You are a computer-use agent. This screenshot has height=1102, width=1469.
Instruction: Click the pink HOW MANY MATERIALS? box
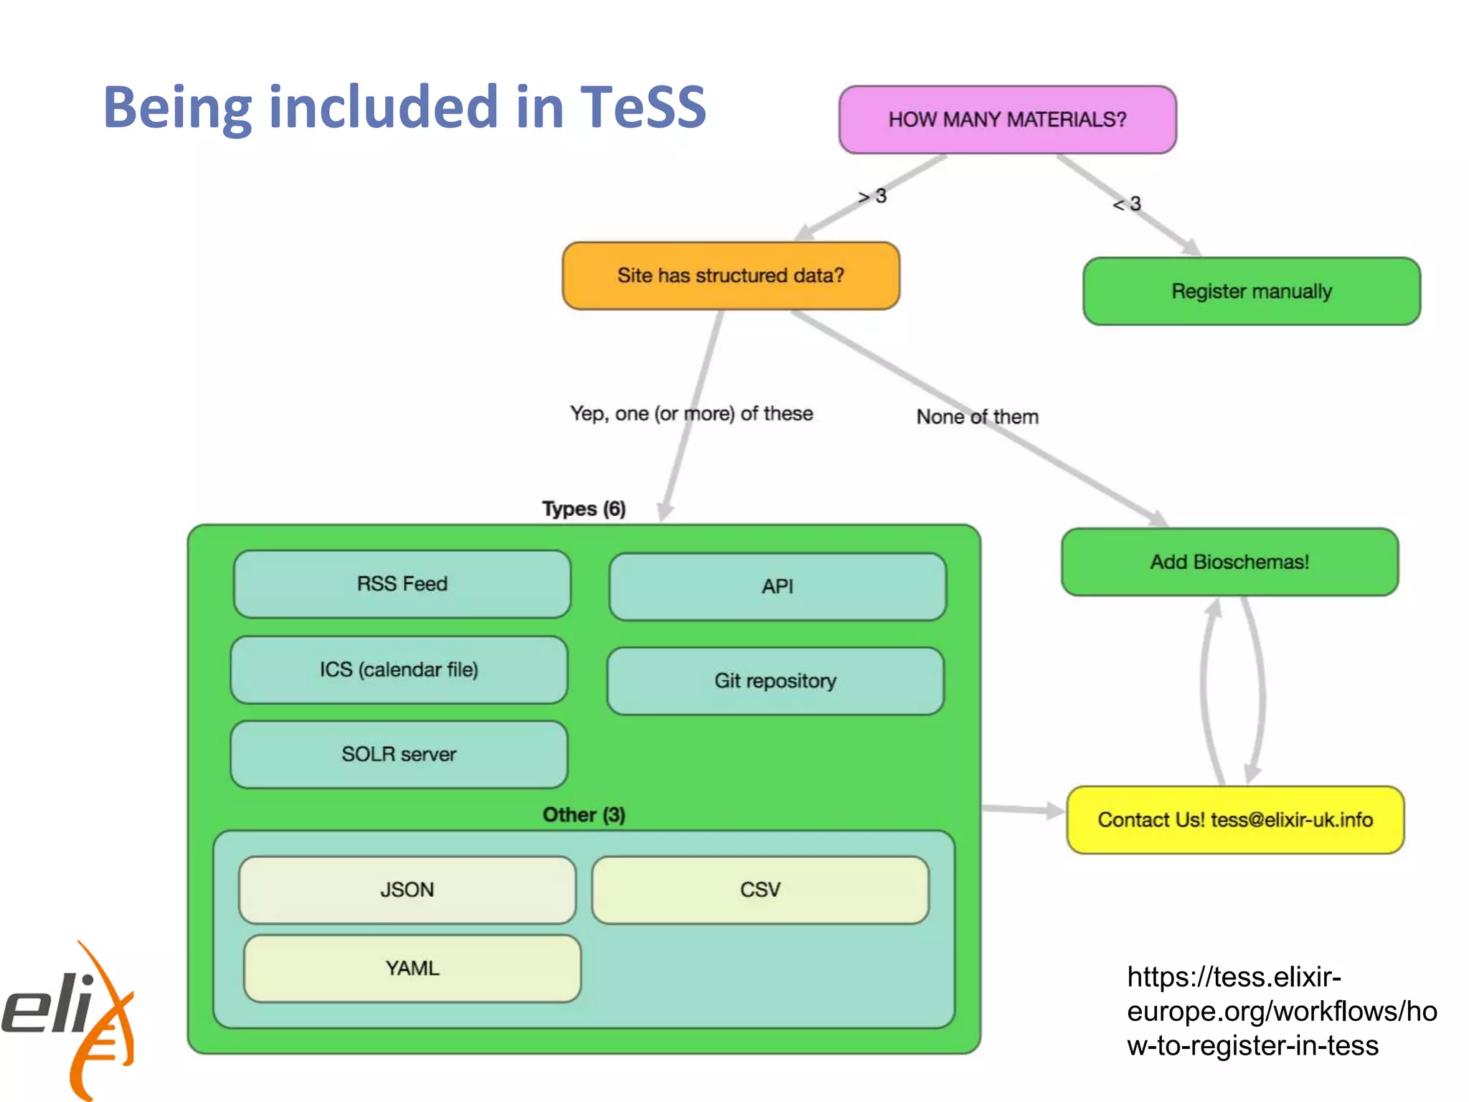1007,120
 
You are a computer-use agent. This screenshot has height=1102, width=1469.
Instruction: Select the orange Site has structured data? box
730,275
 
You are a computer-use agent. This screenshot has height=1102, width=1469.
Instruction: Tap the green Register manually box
1251,291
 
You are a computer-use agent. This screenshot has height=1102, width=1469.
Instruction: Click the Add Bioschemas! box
1229,562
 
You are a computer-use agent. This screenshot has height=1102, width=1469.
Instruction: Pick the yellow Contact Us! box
1234,820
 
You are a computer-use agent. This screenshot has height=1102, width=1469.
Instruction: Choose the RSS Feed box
402,584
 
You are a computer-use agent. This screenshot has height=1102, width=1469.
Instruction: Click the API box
777,587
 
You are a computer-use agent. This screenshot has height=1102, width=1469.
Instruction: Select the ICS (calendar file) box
399,669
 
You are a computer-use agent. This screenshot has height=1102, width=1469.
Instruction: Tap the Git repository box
775,681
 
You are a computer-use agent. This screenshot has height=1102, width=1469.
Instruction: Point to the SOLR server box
399,754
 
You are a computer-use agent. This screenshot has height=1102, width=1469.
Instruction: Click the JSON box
407,890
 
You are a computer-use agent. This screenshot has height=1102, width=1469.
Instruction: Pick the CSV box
760,890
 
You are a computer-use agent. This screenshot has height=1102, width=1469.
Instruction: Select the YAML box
412,969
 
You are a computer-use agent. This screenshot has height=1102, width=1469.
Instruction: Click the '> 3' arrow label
872,196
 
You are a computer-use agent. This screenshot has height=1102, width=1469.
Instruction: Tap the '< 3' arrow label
1127,204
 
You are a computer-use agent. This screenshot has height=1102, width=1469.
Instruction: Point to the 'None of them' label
977,417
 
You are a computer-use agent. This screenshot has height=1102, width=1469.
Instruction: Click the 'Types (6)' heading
583,509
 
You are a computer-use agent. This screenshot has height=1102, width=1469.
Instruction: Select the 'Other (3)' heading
583,815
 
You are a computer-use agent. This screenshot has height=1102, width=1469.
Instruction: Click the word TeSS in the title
643,108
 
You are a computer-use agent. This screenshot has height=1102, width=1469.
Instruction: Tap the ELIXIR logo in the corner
68,1019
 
